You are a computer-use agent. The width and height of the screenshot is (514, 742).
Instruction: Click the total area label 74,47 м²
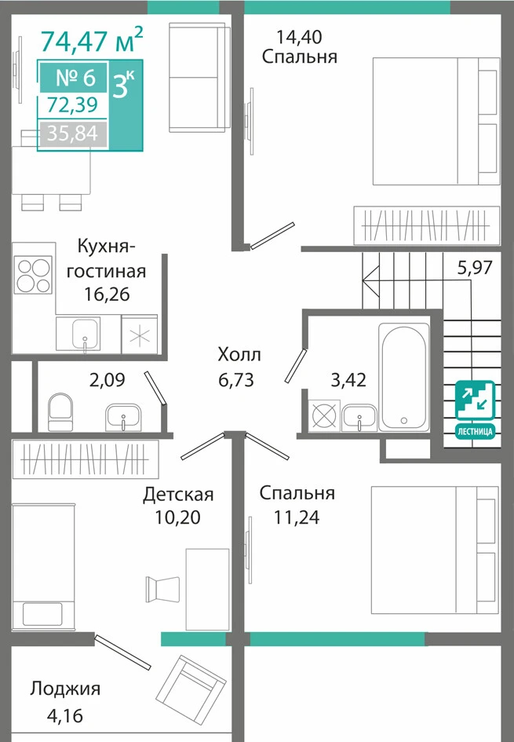click(91, 40)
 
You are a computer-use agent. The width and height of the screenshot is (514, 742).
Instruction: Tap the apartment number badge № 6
click(75, 77)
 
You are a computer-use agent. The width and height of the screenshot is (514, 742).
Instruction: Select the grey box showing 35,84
click(73, 133)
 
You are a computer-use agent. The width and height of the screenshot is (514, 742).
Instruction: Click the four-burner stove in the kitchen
click(34, 275)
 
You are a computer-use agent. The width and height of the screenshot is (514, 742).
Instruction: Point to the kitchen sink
click(86, 334)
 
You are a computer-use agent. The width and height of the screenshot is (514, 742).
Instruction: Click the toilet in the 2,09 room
click(60, 411)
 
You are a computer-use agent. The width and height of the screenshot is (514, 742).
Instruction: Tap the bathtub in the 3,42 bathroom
click(403, 377)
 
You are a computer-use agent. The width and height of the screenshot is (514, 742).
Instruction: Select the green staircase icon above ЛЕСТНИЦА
click(476, 400)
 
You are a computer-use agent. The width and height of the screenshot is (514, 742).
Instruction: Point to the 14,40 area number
click(299, 36)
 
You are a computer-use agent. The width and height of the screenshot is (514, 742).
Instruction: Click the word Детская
click(178, 494)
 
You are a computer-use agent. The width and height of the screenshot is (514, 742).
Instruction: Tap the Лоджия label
click(65, 689)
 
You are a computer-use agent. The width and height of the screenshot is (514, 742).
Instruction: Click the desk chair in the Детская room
click(162, 589)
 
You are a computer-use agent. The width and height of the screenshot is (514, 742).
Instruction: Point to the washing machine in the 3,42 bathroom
click(324, 415)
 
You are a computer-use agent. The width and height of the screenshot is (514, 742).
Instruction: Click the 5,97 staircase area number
click(475, 268)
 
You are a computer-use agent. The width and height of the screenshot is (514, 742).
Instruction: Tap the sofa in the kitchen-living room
click(199, 78)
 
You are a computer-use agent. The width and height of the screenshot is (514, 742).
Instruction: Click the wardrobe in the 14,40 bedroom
click(427, 225)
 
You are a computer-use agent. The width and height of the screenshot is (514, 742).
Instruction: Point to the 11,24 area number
click(297, 517)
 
